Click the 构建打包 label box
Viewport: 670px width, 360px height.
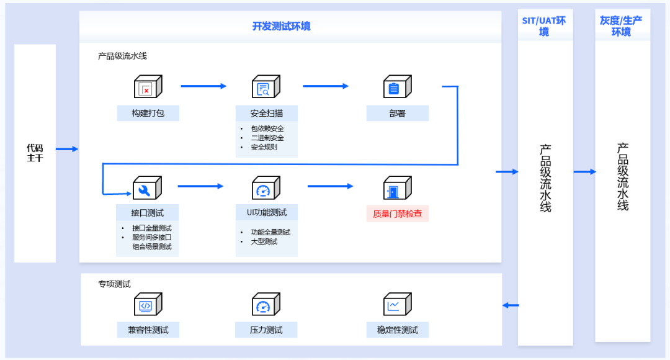(x=148, y=114)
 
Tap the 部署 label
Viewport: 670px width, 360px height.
(x=397, y=114)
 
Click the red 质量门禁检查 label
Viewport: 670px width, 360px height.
(x=397, y=214)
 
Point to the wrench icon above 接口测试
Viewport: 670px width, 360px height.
(x=147, y=187)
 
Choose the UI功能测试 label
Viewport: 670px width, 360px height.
(x=266, y=212)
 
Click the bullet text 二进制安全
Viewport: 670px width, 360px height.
(x=267, y=138)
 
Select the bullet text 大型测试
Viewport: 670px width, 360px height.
(x=264, y=241)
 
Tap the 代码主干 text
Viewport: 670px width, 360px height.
(x=35, y=153)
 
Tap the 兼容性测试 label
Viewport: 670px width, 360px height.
(x=148, y=330)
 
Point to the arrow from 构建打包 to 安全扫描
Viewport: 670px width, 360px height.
(x=203, y=86)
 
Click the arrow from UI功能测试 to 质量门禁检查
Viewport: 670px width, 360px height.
(x=330, y=186)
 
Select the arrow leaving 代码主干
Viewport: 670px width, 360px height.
(x=67, y=149)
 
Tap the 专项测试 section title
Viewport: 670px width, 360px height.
(x=114, y=284)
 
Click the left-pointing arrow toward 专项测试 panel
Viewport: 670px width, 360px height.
(x=511, y=305)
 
